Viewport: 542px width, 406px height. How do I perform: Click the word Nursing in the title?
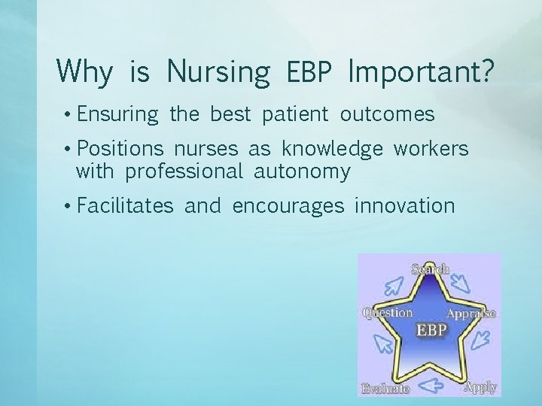pyautogui.click(x=218, y=72)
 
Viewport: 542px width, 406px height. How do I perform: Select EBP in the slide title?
pyautogui.click(x=309, y=72)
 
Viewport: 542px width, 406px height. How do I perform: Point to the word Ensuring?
pyautogui.click(x=117, y=115)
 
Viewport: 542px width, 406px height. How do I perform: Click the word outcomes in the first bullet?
pyautogui.click(x=387, y=115)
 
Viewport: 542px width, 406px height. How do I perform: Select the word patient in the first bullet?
pyautogui.click(x=295, y=115)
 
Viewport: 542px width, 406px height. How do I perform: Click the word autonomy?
pyautogui.click(x=303, y=172)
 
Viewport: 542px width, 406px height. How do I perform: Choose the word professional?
pyautogui.click(x=184, y=172)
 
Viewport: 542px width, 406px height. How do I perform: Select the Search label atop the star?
pyautogui.click(x=430, y=268)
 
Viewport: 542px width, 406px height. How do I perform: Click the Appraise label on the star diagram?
pyautogui.click(x=470, y=313)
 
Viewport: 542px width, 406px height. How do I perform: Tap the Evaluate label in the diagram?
pyautogui.click(x=385, y=388)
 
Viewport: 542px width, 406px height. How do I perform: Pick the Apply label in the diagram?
pyautogui.click(x=480, y=386)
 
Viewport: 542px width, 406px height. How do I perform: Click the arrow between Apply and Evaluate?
pyautogui.click(x=432, y=386)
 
